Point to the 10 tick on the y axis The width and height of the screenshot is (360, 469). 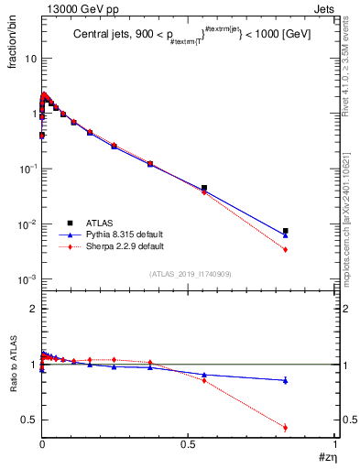(28, 58)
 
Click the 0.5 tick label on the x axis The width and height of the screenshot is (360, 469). (188, 444)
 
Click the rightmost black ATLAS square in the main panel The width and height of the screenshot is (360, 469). (286, 231)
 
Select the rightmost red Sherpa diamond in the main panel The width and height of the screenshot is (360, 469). (286, 249)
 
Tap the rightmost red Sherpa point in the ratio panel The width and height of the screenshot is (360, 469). (286, 427)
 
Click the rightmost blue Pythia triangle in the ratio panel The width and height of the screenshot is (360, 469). (286, 380)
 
